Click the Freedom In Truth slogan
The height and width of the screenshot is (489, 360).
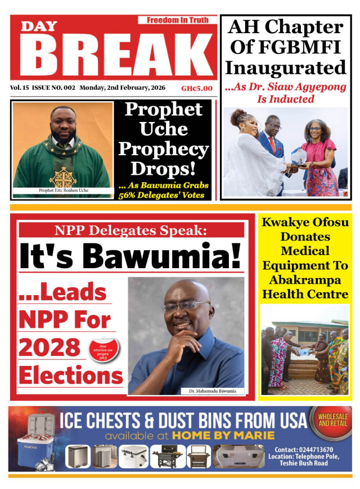(x=177, y=20)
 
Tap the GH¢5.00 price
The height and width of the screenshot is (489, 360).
(x=196, y=88)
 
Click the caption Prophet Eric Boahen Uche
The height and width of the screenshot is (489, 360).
(x=63, y=190)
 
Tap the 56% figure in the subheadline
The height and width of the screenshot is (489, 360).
(x=128, y=196)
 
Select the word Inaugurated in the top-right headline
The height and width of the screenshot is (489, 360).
(x=285, y=69)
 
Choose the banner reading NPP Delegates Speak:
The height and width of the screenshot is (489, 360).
(x=131, y=230)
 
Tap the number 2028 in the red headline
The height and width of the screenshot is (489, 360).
(x=50, y=347)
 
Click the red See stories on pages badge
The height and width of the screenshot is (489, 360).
(x=103, y=350)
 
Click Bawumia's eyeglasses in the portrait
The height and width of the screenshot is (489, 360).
(x=186, y=306)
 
